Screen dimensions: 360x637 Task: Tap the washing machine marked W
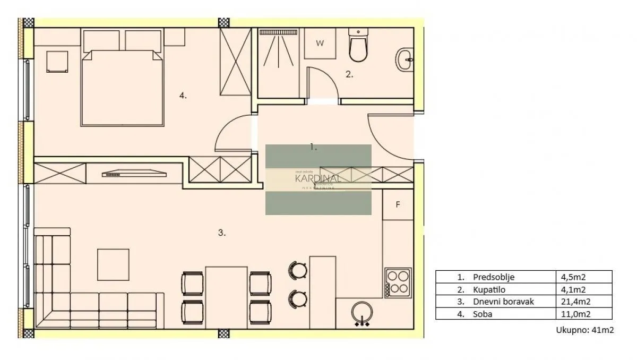(320, 44)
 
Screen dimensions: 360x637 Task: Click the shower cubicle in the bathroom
(279, 63)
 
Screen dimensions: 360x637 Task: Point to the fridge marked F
(398, 204)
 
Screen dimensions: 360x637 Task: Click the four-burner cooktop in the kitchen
(398, 282)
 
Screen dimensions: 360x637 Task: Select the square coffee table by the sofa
(113, 264)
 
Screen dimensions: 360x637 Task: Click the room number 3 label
(222, 233)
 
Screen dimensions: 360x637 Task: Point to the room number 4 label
(183, 96)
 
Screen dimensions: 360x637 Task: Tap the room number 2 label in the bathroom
(349, 75)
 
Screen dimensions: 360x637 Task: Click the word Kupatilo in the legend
(487, 289)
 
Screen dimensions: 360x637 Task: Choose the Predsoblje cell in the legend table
(494, 277)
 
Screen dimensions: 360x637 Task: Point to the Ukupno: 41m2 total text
(585, 330)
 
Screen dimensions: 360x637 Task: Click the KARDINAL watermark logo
(318, 179)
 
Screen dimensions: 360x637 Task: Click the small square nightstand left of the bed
(57, 62)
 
